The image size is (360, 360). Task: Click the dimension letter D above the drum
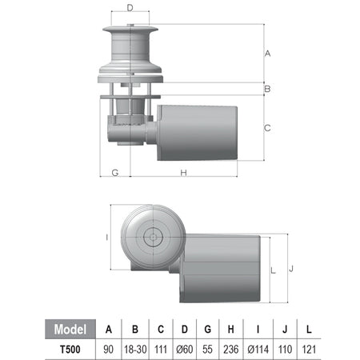point(130,8)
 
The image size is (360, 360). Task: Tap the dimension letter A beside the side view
point(267,54)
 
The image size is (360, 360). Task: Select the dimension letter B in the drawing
point(267,89)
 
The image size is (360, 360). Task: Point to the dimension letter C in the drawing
point(267,128)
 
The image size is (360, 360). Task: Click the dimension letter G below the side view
point(115,173)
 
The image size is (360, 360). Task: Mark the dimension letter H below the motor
point(183,173)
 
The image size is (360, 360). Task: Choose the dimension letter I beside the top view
point(107,237)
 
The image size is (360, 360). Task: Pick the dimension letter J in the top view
point(291,269)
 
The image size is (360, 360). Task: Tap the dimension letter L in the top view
point(273,270)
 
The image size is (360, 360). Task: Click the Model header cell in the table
point(70,329)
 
